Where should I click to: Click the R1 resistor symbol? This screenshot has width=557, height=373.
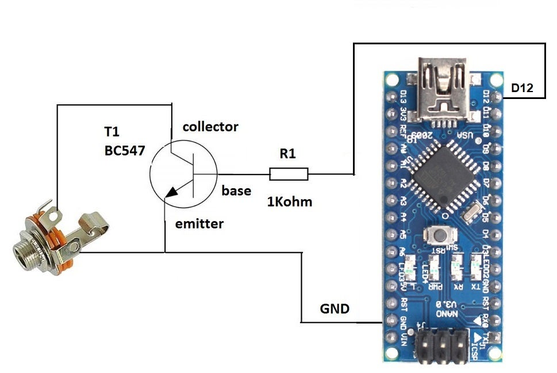289,174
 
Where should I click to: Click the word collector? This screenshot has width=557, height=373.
210,127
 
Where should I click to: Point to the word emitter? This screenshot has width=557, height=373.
199,223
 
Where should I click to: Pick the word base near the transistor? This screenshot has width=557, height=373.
236,190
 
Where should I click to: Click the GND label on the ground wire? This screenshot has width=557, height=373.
334,309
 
